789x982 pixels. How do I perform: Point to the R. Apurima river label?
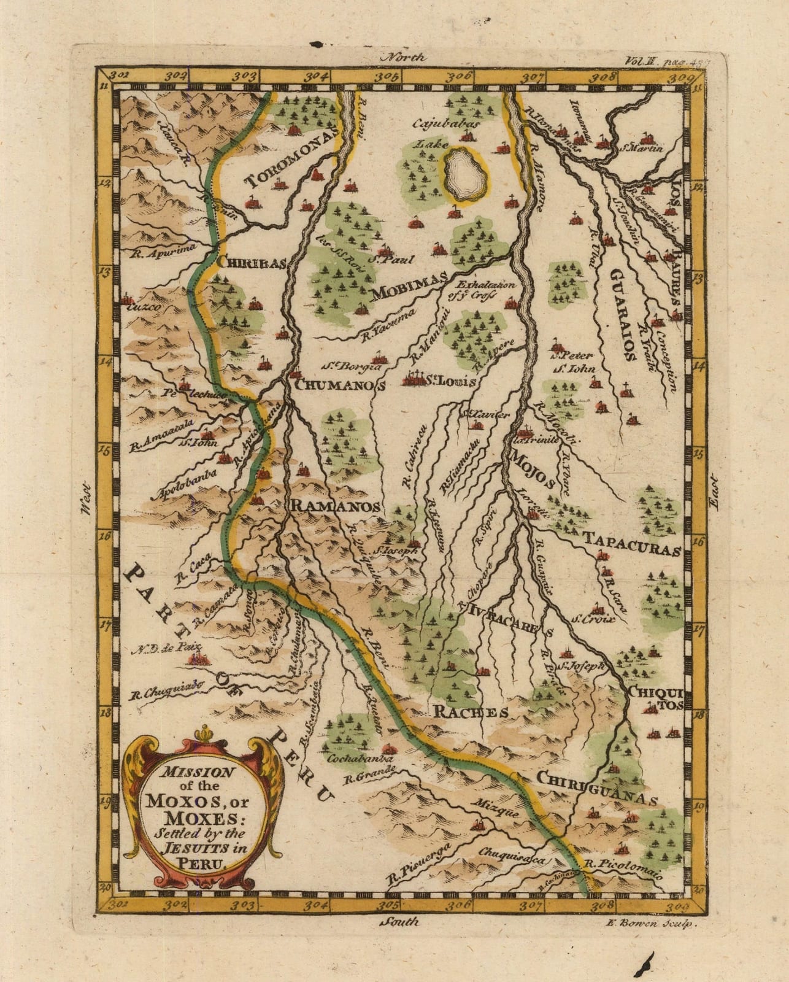click(x=157, y=249)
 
